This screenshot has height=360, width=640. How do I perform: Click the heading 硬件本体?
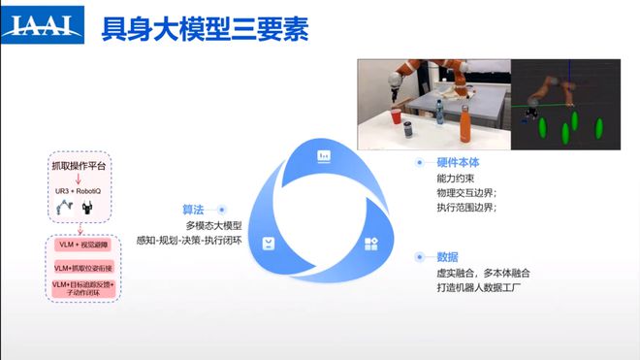click(x=458, y=164)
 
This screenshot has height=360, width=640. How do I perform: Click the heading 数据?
click(x=447, y=257)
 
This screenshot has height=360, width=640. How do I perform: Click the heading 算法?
click(x=193, y=209)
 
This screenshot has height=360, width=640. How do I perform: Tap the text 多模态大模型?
click(x=213, y=225)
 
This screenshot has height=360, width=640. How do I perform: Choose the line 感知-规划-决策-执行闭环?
click(x=189, y=240)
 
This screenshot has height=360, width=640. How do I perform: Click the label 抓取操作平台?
click(x=81, y=166)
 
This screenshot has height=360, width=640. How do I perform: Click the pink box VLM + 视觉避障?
click(x=81, y=245)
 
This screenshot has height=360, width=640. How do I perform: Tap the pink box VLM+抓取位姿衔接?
click(x=82, y=267)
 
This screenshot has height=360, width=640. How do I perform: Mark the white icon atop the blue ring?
click(x=324, y=155)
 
